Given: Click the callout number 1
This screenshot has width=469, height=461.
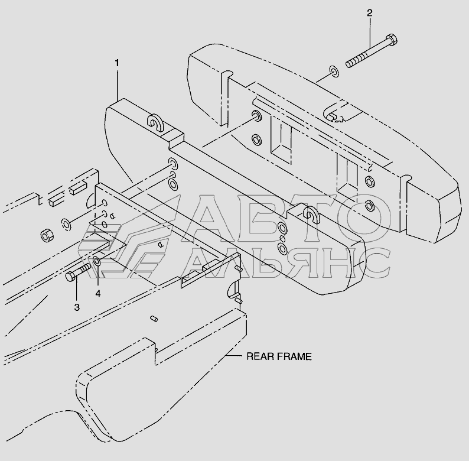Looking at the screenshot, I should (x=117, y=62).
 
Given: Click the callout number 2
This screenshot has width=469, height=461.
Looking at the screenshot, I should (x=370, y=12).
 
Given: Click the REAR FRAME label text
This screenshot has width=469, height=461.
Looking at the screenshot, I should (x=279, y=356).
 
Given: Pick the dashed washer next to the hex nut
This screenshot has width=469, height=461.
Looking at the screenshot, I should (x=66, y=223).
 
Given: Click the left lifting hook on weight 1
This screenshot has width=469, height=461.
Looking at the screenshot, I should (x=155, y=122).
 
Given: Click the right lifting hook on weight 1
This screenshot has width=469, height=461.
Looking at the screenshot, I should (x=310, y=213).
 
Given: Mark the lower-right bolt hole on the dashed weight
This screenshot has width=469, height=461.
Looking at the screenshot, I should (x=370, y=206).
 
